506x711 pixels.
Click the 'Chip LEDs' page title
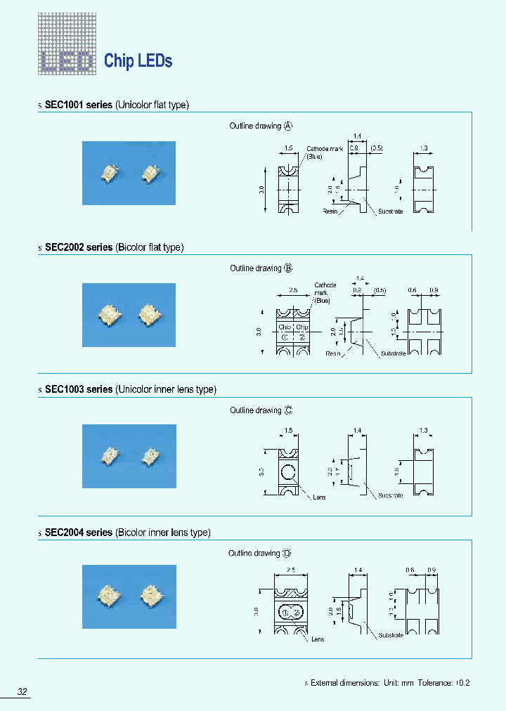coord(138,61)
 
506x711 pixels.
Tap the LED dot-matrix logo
coord(67,45)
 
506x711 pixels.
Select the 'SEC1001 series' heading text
coord(78,105)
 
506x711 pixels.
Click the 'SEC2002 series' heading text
coord(78,247)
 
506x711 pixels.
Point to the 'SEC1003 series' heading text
coord(78,389)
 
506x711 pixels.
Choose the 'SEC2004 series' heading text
coord(78,533)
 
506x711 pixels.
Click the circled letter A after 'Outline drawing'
coord(288,126)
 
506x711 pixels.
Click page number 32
coord(22,692)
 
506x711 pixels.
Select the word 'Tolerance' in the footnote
coord(435,682)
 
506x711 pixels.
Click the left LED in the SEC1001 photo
coord(110,173)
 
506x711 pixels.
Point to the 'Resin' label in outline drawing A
coord(330,211)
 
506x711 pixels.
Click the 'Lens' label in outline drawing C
coord(318,497)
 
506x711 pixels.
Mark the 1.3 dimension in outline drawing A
coord(423,148)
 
